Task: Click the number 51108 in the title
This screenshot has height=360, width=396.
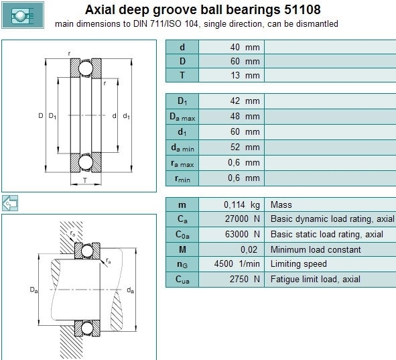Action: [x=302, y=9]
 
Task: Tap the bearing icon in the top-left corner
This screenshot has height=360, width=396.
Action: [x=23, y=15]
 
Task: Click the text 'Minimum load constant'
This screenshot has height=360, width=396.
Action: [x=316, y=249]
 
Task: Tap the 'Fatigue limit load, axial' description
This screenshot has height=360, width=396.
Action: [x=316, y=279]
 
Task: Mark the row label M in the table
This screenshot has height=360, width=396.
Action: [x=182, y=249]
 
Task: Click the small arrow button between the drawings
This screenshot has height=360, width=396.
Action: [x=10, y=203]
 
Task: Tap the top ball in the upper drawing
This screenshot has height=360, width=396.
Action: [x=86, y=68]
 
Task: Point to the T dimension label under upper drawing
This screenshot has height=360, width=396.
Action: [x=85, y=180]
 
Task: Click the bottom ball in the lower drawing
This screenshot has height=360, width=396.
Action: [x=87, y=328]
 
